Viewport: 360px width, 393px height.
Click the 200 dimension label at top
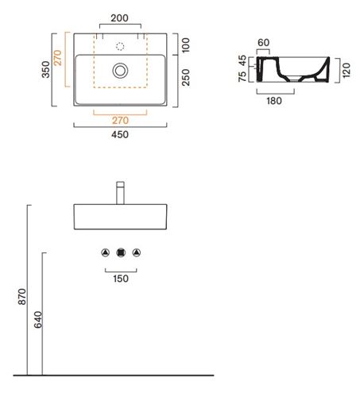(x=119, y=18)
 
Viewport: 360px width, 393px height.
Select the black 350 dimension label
(x=46, y=70)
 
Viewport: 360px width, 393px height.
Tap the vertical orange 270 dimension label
(x=57, y=58)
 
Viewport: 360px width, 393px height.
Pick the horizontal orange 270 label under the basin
(x=120, y=121)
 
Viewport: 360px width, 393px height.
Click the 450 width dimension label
(x=120, y=134)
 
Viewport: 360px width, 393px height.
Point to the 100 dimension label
(x=186, y=45)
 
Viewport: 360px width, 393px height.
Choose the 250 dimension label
(x=186, y=77)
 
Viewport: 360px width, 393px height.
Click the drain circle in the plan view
(x=120, y=71)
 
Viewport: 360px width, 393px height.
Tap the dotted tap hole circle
(x=120, y=47)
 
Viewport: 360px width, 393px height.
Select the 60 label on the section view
(x=263, y=43)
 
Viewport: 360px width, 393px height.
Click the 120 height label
(x=346, y=70)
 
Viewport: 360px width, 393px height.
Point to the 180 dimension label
(x=274, y=101)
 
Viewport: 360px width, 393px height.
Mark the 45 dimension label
(x=242, y=60)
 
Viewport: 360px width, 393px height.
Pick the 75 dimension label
(x=242, y=76)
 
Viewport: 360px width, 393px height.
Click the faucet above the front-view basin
(x=120, y=193)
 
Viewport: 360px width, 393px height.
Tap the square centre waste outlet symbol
(x=121, y=252)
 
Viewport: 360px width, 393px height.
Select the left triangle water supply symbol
(x=106, y=252)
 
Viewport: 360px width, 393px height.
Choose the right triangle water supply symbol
(x=137, y=252)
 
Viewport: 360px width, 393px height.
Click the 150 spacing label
(x=121, y=279)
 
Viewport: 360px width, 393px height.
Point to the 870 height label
(x=22, y=297)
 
